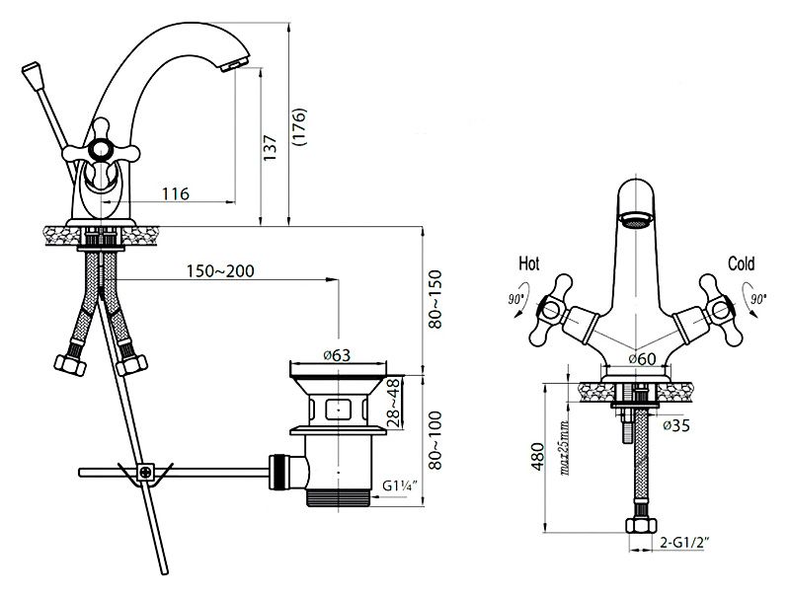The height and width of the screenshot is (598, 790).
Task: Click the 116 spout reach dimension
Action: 176,193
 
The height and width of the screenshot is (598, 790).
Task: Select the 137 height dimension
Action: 270,147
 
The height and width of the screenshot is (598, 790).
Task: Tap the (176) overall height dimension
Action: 299,127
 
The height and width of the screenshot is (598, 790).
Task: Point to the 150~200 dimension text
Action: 220,271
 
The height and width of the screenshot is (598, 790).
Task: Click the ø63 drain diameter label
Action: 337,355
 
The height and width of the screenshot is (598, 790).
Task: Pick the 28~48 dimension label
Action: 394,404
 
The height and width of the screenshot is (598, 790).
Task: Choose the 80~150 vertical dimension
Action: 434,300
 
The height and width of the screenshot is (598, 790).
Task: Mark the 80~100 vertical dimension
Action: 434,440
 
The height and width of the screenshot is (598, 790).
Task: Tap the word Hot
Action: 529,263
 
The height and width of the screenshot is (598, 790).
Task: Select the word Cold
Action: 742,263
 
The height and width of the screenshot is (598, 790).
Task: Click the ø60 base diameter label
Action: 643,359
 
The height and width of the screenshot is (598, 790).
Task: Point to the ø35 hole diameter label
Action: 676,425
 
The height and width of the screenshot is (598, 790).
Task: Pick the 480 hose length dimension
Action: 538,457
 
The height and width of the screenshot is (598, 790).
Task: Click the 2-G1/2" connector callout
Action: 684,542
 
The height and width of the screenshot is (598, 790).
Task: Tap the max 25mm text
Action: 564,449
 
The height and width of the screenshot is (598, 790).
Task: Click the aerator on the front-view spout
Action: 636,220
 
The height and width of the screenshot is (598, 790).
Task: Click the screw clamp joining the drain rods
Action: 145,473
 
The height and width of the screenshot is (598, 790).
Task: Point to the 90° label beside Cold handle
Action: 757,298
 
